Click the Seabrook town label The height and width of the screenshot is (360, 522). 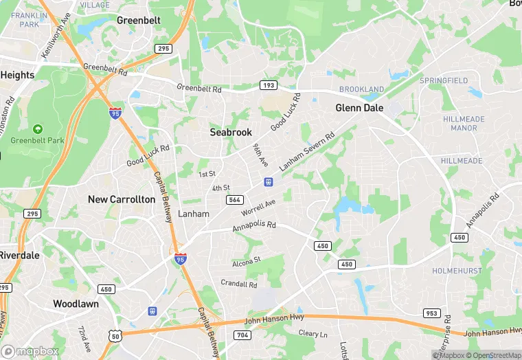coord(231,132)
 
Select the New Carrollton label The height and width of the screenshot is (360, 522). coord(122,199)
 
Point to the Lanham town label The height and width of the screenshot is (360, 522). coord(194,214)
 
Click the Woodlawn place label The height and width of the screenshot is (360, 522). coord(76,304)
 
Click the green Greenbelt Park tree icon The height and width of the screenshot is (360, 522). coord(37,128)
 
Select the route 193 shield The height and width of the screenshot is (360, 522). coord(269,85)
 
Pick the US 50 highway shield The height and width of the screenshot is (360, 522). coord(115,335)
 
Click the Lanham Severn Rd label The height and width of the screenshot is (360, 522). coord(306,152)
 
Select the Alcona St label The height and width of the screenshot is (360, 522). coord(247,260)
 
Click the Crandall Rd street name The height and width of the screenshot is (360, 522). coord(239,284)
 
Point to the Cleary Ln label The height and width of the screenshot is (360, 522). coord(313,334)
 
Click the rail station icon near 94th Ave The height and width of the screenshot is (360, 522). coord(268,182)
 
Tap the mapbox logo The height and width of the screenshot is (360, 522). coord(29,351)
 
